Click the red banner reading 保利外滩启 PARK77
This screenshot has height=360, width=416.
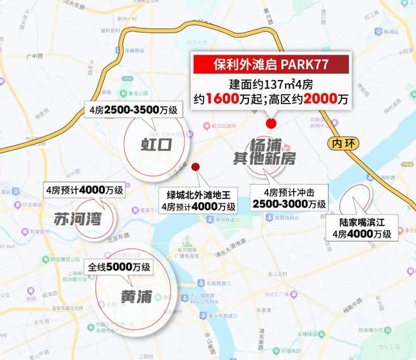coord(270,64)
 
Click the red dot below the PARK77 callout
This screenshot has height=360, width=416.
coord(272,123)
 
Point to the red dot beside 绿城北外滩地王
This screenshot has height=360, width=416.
coord(195,167)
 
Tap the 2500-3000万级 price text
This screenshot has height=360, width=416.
coord(288,205)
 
